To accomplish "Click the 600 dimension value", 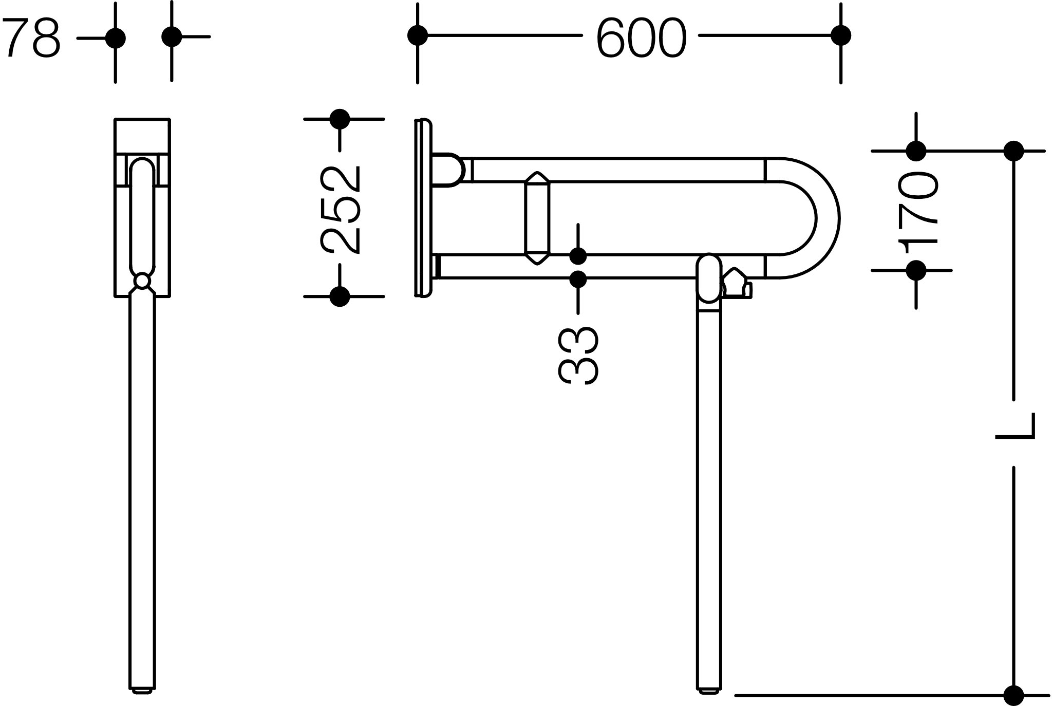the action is pos(641,39).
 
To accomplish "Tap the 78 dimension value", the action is pos(31,38).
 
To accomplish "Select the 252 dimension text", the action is pos(340,210).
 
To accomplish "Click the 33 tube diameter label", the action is pos(578,355).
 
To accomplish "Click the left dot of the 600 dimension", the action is pos(418,36).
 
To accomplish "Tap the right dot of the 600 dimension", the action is pos(841,36).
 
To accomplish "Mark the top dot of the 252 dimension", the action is pos(340,119).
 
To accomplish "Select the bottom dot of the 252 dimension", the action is pos(340,296).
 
